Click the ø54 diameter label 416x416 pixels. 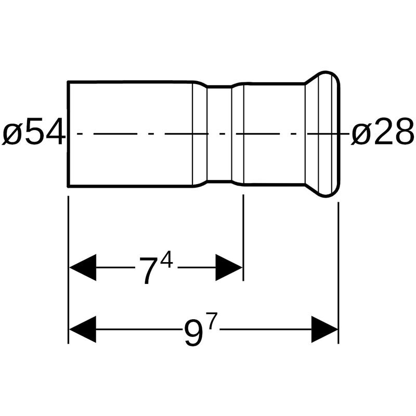[x=34, y=132]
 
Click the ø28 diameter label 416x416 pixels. [x=382, y=132]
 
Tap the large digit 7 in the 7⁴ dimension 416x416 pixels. [x=150, y=271]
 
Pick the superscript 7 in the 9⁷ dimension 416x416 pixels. [x=212, y=321]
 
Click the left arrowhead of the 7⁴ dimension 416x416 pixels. [x=83, y=267]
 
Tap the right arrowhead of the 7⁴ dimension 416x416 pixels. [x=229, y=267]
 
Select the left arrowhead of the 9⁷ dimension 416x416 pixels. [x=83, y=329]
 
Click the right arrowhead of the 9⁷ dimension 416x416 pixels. [x=324, y=329]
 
